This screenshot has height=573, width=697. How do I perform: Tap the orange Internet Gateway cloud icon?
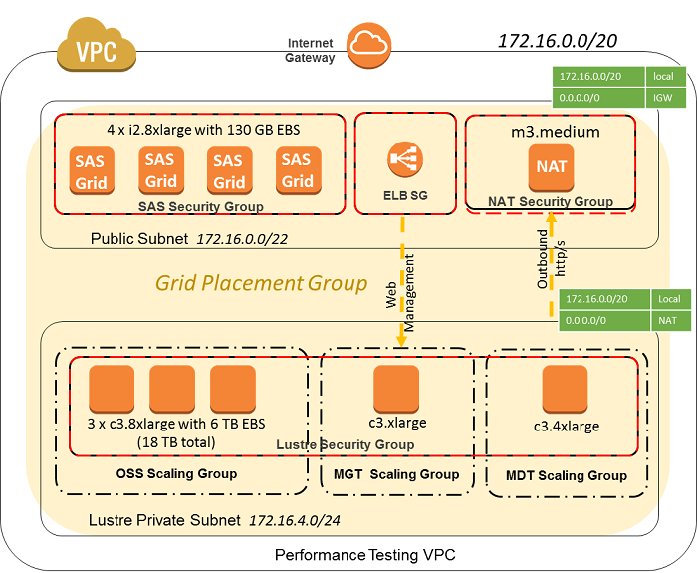click(x=367, y=43)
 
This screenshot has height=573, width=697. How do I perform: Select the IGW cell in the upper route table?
click(x=663, y=98)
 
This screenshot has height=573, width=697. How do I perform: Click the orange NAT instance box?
click(x=551, y=165)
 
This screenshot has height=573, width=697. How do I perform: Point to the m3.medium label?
click(x=551, y=132)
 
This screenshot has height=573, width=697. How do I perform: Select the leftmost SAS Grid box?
click(x=94, y=170)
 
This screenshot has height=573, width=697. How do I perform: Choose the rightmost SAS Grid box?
click(x=297, y=170)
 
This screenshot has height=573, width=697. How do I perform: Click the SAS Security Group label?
click(x=201, y=206)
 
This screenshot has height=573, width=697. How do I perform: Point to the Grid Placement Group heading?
click(x=261, y=283)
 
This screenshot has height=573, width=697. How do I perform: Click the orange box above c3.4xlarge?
click(x=565, y=389)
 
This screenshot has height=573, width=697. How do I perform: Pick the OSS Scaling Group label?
click(x=176, y=473)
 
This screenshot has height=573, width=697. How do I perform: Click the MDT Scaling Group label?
click(x=567, y=475)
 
